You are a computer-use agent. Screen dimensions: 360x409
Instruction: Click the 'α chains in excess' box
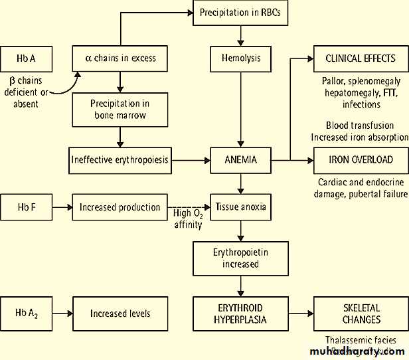pyautogui.click(x=120, y=58)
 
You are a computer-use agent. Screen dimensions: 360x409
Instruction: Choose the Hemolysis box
pyautogui.click(x=240, y=58)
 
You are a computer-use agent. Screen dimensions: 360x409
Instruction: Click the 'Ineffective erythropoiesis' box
pyautogui.click(x=120, y=160)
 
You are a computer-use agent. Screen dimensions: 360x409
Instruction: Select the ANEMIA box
pyautogui.click(x=240, y=160)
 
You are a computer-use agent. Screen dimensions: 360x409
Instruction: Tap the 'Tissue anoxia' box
pyautogui.click(x=240, y=207)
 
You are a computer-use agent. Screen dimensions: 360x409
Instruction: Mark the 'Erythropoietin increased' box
pyautogui.click(x=240, y=258)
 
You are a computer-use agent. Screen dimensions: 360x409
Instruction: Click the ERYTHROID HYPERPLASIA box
pyautogui.click(x=240, y=314)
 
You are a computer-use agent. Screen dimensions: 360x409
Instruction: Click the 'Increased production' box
pyautogui.click(x=120, y=207)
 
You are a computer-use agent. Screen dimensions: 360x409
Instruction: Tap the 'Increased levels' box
pyautogui.click(x=120, y=313)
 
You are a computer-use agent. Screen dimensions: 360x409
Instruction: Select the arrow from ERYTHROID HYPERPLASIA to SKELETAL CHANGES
pyautogui.click(x=300, y=314)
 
